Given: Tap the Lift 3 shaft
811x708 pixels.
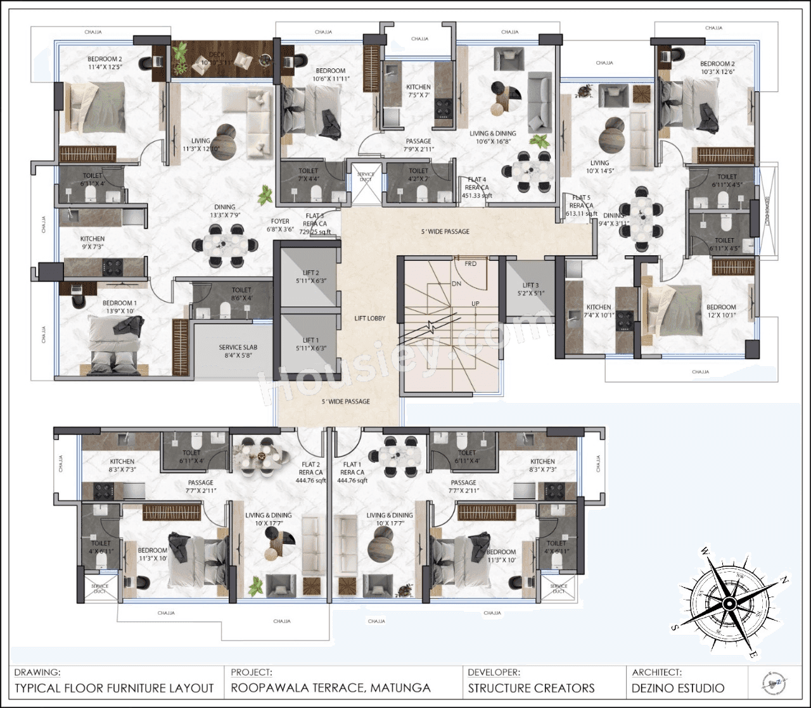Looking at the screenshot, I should coord(530,289).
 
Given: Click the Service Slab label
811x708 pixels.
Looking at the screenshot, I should coord(238,351).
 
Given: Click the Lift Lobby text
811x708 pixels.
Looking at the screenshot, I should coord(369,319).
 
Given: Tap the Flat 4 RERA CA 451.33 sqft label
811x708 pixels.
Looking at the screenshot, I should coord(476,187).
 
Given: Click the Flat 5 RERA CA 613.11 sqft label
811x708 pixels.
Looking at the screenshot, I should coord(581,206).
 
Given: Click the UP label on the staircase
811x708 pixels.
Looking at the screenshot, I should coord(475,304).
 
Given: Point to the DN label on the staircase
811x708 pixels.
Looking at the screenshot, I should coord(456,284).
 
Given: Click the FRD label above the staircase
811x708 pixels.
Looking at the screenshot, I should coord(470,263).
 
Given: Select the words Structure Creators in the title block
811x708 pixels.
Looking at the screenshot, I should coord(531,688).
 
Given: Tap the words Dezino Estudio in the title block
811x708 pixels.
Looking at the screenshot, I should coord(677,688).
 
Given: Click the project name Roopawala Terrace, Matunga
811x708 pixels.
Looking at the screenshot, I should coord(330,688).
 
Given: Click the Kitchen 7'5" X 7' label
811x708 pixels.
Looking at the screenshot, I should coord(418,91).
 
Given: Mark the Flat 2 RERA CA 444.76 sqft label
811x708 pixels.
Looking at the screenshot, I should coord(310,472).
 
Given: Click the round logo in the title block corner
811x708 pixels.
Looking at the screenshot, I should coord(775,681).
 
